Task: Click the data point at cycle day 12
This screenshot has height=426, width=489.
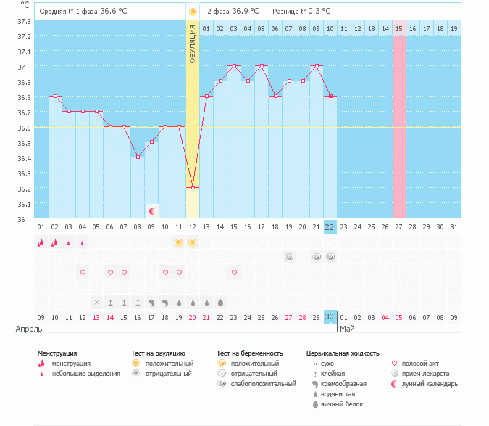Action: [193, 188]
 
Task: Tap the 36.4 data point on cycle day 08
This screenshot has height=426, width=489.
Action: [138, 157]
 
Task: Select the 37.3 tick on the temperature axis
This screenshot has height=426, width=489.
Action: [23, 21]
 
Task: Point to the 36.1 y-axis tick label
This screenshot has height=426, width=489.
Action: [23, 204]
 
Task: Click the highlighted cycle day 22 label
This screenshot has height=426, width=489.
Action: [330, 227]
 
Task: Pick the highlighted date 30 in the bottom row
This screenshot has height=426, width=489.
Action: [330, 317]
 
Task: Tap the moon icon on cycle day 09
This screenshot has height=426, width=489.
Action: [152, 211]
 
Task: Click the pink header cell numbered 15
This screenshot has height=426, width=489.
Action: [399, 28]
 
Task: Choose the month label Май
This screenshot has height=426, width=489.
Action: [347, 329]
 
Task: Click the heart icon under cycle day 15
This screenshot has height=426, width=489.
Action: [234, 272]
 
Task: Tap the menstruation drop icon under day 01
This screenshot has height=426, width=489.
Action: [41, 242]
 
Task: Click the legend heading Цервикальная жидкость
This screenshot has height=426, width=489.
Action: [343, 353]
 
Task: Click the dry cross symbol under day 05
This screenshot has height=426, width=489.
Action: [96, 302]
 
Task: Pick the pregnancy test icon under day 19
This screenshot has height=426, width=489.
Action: [289, 257]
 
